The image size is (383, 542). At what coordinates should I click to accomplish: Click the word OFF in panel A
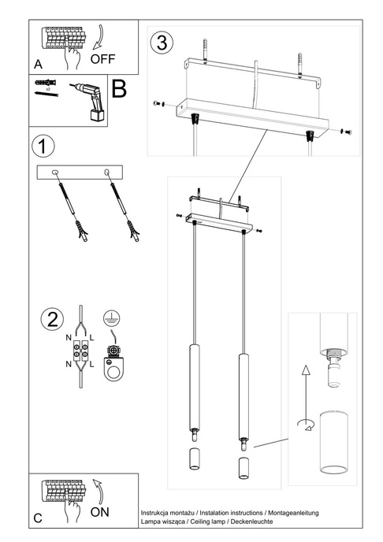[102, 59]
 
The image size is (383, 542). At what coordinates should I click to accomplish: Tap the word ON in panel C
[99, 512]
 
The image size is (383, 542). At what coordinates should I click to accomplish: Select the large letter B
[119, 89]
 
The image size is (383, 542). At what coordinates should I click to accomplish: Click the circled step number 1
[43, 147]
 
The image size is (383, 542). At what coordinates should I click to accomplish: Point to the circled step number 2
[52, 320]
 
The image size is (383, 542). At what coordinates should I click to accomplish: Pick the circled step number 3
[162, 43]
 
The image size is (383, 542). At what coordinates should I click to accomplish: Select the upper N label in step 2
[69, 338]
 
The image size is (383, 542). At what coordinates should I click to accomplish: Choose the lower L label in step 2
[91, 364]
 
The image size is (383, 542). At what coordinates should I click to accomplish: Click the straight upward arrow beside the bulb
[306, 392]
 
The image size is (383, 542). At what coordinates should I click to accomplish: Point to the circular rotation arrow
[306, 425]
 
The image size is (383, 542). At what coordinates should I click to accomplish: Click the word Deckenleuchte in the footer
[251, 522]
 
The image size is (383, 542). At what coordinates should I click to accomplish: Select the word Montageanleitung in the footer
[293, 513]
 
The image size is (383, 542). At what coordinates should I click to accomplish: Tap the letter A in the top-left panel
[38, 65]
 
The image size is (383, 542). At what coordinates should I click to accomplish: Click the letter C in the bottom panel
[38, 518]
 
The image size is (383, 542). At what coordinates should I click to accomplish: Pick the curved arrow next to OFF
[99, 37]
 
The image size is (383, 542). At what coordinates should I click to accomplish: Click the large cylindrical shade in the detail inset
[333, 442]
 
